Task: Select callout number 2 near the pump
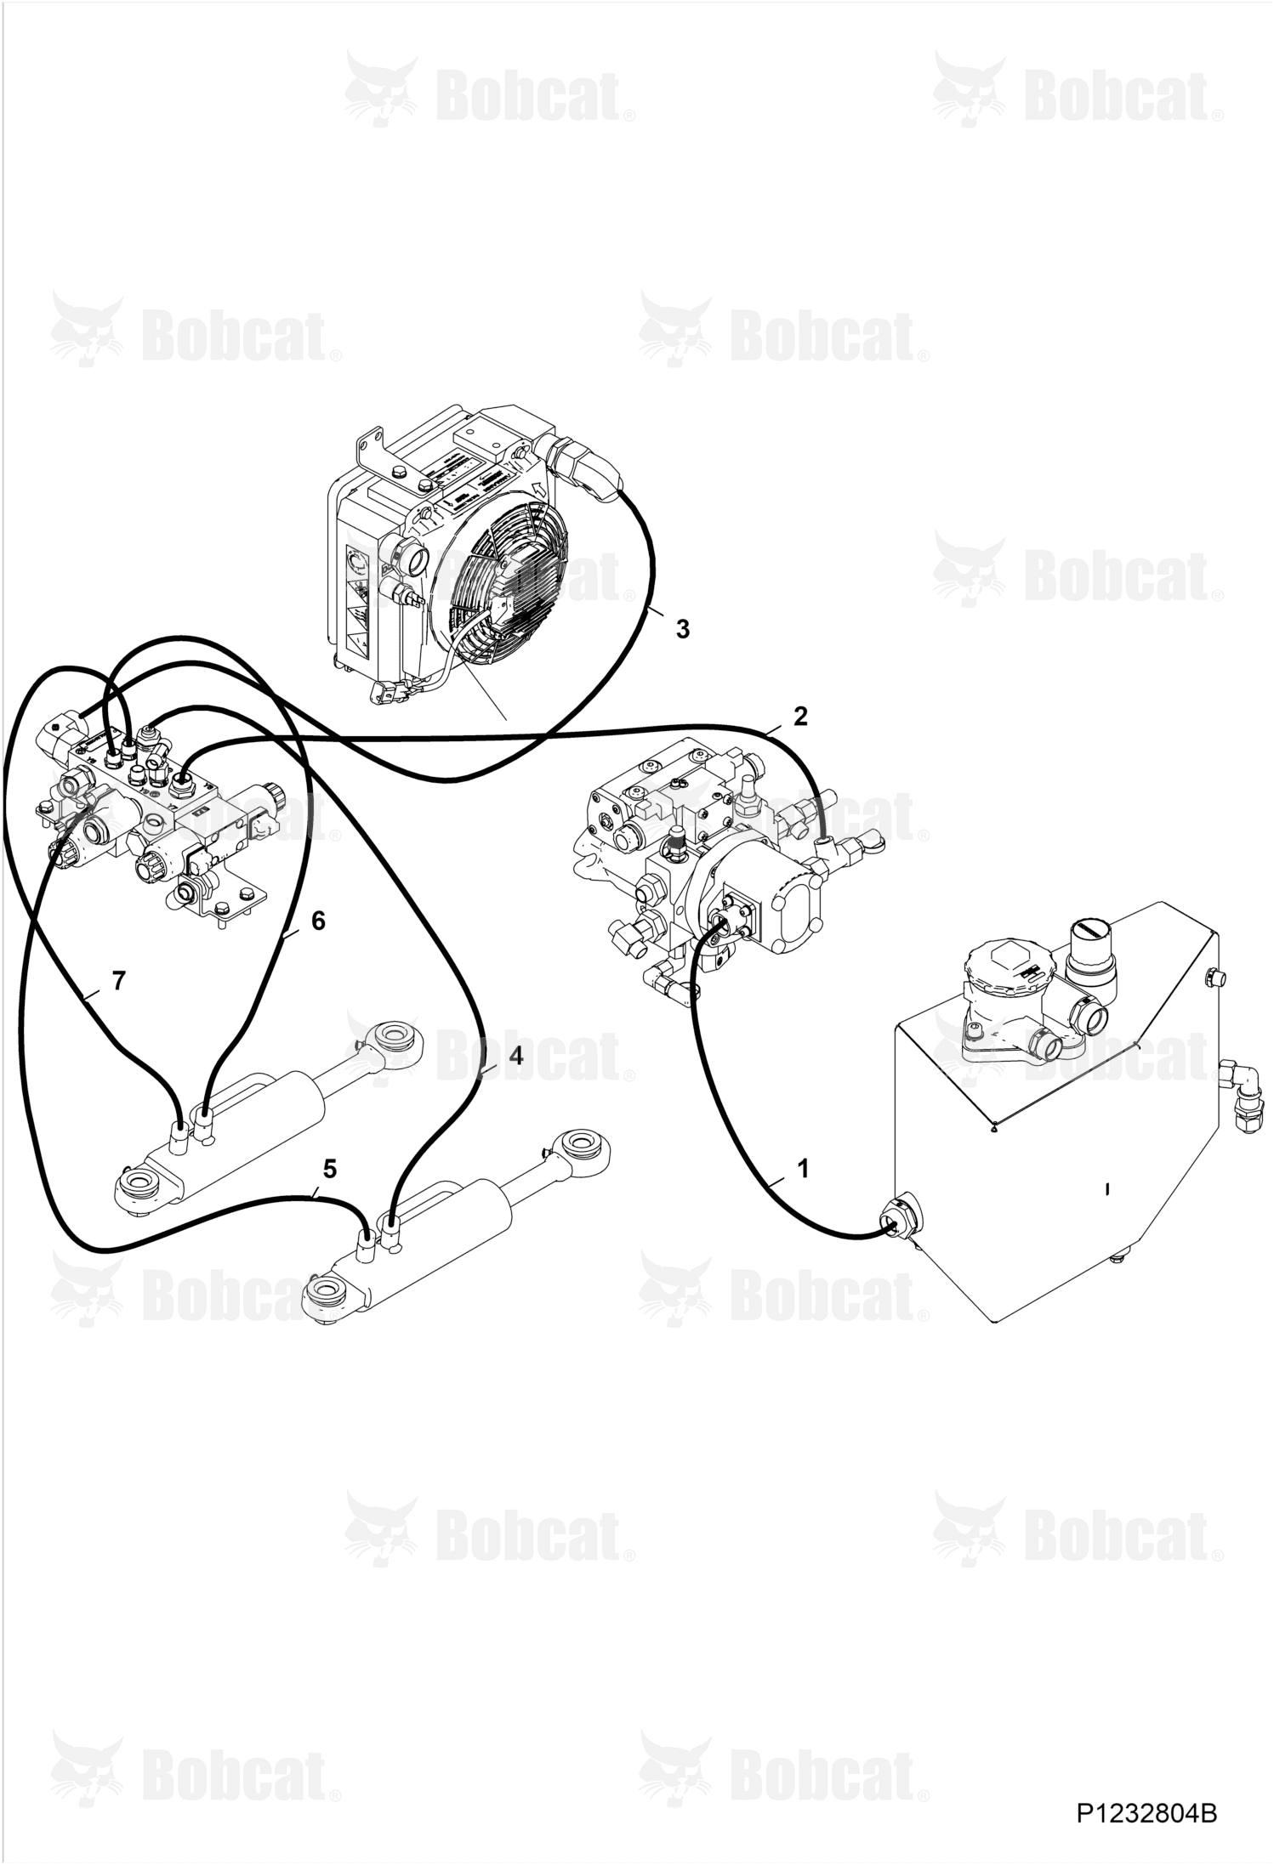[799, 716]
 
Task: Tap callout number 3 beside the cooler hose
[682, 629]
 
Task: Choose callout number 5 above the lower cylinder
[330, 1169]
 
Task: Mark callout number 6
[318, 921]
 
